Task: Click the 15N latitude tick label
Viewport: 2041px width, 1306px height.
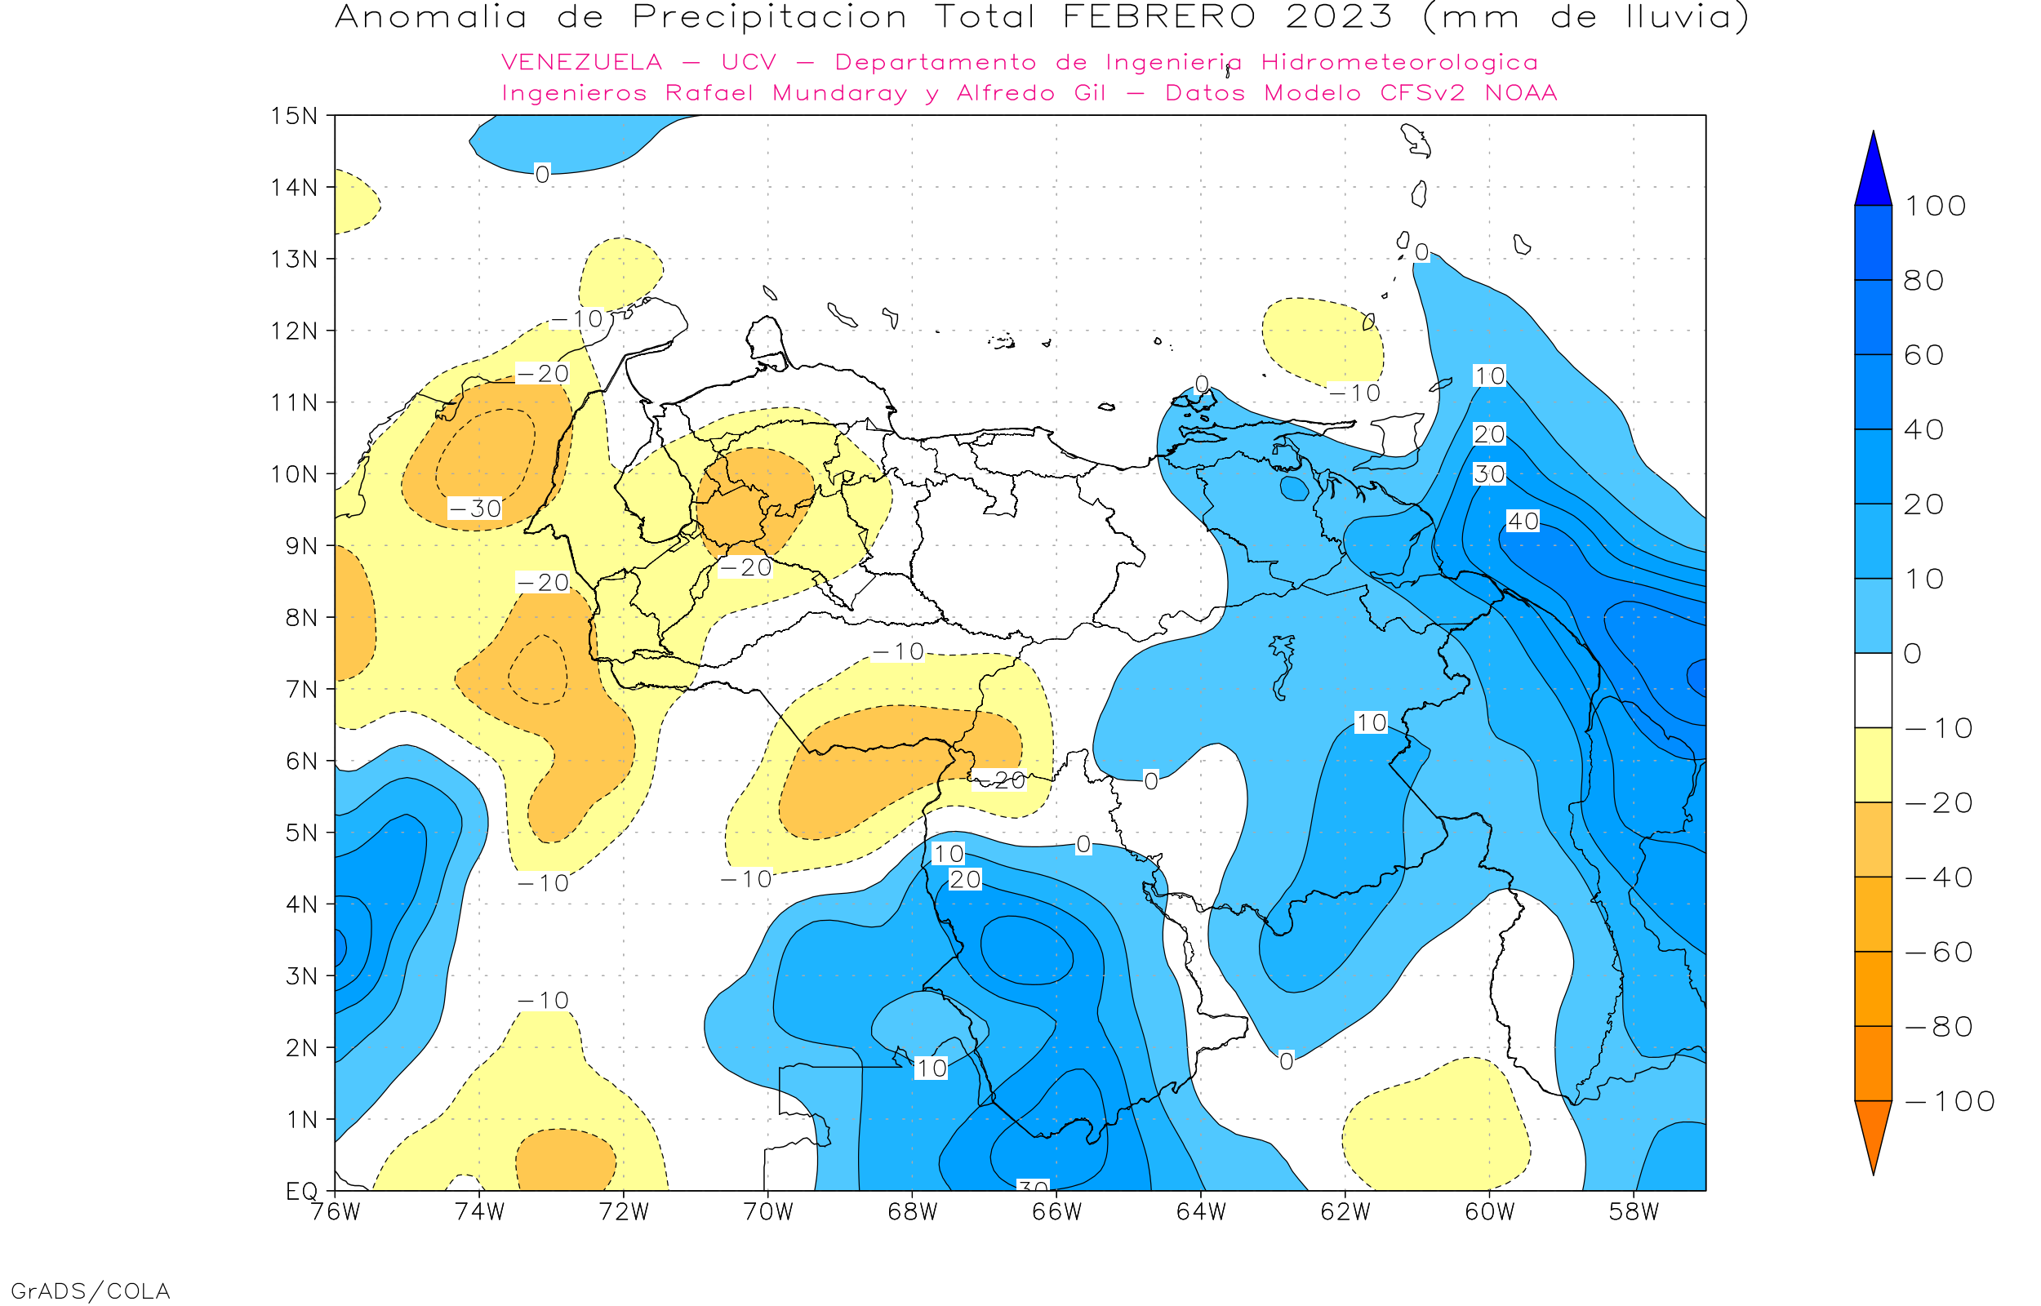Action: click(x=293, y=115)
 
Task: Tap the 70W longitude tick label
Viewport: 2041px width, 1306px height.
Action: click(x=767, y=1212)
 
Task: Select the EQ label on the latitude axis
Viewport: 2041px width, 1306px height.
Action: click(x=301, y=1191)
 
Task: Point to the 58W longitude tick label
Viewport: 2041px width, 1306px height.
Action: click(x=1633, y=1212)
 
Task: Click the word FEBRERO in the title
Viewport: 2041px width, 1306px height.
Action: click(x=1158, y=17)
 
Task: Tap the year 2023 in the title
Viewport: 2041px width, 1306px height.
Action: click(x=1339, y=17)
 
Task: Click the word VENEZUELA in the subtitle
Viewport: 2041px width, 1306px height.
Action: click(x=582, y=62)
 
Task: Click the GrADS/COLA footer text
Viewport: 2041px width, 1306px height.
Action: click(x=90, y=1290)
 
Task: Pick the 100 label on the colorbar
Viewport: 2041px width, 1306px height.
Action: click(x=1935, y=206)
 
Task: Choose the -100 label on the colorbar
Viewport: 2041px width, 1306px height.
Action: click(x=1950, y=1101)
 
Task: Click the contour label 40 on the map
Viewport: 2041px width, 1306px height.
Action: click(x=1523, y=521)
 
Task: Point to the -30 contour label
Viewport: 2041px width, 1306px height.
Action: click(x=475, y=508)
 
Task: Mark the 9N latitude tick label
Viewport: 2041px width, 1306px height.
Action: click(x=301, y=545)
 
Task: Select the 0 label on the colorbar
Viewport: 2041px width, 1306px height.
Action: click(x=1912, y=653)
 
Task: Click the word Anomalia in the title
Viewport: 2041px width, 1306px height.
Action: click(x=431, y=17)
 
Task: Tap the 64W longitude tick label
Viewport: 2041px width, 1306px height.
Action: click(x=1201, y=1212)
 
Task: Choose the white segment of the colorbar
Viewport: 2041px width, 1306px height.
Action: click(x=1873, y=691)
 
